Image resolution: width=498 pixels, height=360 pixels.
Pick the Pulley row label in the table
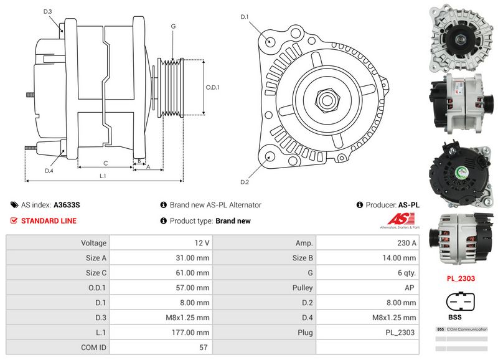click(x=302, y=287)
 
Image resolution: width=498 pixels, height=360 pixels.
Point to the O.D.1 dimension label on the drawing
click(x=213, y=87)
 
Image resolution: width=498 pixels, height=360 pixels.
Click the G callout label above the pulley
click(x=172, y=26)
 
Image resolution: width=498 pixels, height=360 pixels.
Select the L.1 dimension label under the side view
click(x=103, y=176)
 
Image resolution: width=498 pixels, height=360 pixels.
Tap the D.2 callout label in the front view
click(x=245, y=182)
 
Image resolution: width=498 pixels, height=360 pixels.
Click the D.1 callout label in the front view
click(x=245, y=16)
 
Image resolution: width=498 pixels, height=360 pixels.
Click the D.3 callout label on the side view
click(x=48, y=12)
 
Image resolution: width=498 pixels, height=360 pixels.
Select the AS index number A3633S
click(x=67, y=204)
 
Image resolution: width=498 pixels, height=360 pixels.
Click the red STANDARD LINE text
click(x=49, y=220)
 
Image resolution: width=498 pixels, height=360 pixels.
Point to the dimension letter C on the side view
click(x=106, y=163)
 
